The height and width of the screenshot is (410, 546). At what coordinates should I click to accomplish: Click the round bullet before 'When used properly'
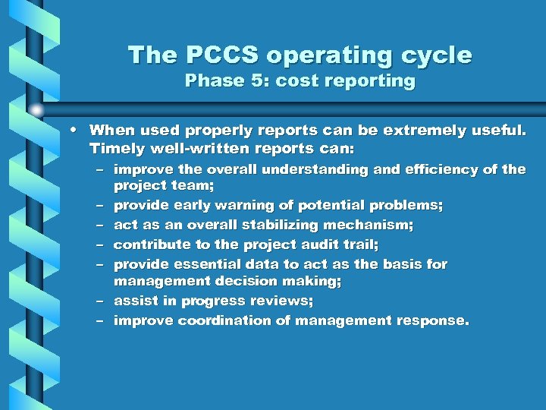[78, 130]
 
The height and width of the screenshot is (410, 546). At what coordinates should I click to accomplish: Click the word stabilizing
[291, 225]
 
